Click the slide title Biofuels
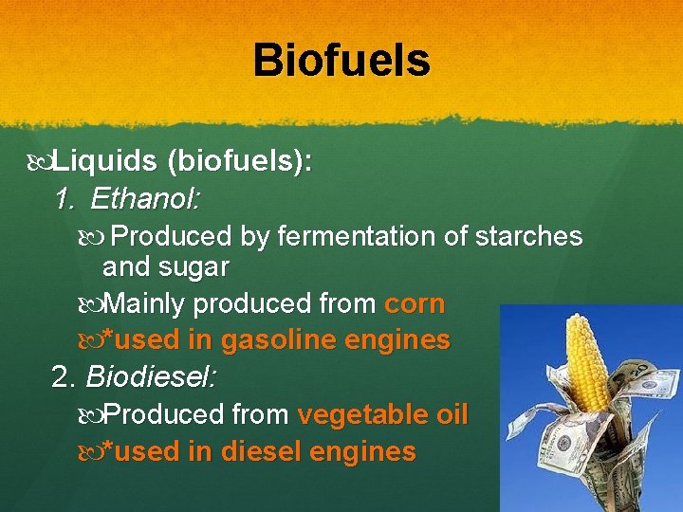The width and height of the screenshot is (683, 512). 341,61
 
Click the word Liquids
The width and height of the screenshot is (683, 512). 104,162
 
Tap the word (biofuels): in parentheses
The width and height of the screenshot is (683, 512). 239,162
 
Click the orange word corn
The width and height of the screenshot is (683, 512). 414,304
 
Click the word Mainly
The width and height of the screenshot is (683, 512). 143,304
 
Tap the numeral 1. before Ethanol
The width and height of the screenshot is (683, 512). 65,199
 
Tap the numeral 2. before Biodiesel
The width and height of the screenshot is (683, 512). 65,377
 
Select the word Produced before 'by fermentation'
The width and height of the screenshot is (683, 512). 176,236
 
